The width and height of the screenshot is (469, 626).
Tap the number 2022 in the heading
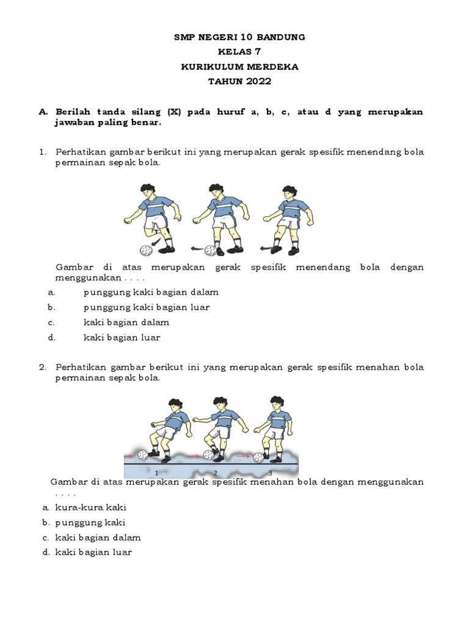(258, 81)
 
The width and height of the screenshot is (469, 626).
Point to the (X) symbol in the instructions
(173, 112)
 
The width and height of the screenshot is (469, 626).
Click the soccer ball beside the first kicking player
(146, 250)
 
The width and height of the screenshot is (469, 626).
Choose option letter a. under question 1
(52, 292)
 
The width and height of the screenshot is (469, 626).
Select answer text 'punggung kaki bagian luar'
(146, 307)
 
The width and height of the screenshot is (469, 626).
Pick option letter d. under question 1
(52, 337)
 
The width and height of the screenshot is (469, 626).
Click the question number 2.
(42, 367)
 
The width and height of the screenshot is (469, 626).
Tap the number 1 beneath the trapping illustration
(157, 473)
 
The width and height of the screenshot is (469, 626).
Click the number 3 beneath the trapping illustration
(269, 473)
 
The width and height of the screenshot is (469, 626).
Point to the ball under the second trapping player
(209, 455)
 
